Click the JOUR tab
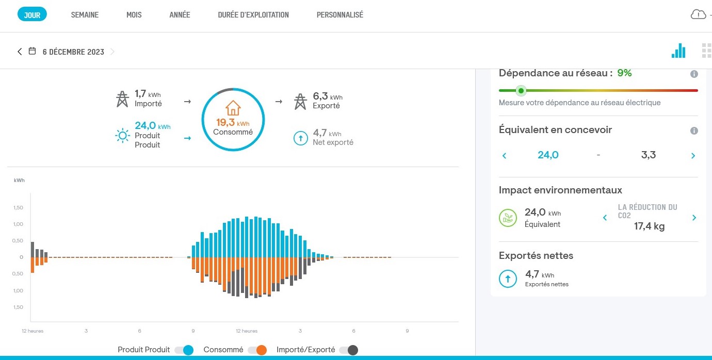tap(32, 15)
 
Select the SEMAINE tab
tap(85, 15)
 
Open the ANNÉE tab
tap(180, 15)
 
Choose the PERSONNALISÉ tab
tap(339, 15)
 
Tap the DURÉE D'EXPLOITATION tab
tap(253, 15)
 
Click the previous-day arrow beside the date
tap(20, 52)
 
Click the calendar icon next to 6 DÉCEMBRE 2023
tap(32, 52)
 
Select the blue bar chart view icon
tap(678, 51)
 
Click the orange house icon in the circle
tap(233, 108)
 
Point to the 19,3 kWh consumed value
tap(233, 123)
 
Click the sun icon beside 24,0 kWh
tap(122, 136)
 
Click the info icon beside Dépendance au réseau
tap(694, 74)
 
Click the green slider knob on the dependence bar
tap(521, 91)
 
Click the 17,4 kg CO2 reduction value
tap(649, 226)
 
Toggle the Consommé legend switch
tap(257, 350)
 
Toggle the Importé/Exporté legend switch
tap(348, 350)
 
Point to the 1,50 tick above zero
tap(18, 207)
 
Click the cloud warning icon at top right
tap(698, 14)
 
